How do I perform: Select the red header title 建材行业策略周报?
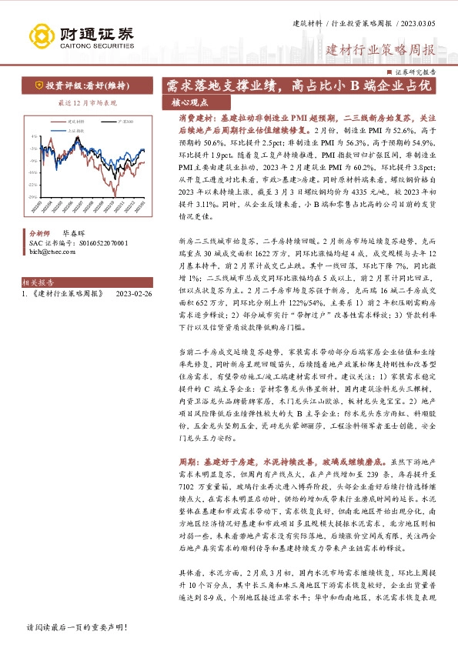[x=381, y=51]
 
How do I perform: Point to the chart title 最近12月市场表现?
[x=87, y=102]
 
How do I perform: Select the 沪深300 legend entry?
[x=127, y=122]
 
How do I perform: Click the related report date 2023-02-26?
[x=133, y=294]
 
